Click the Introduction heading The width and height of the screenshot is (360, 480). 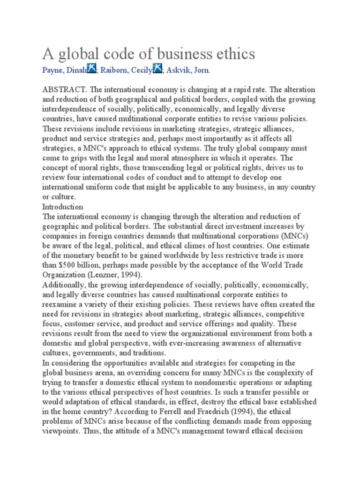click(63, 207)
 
